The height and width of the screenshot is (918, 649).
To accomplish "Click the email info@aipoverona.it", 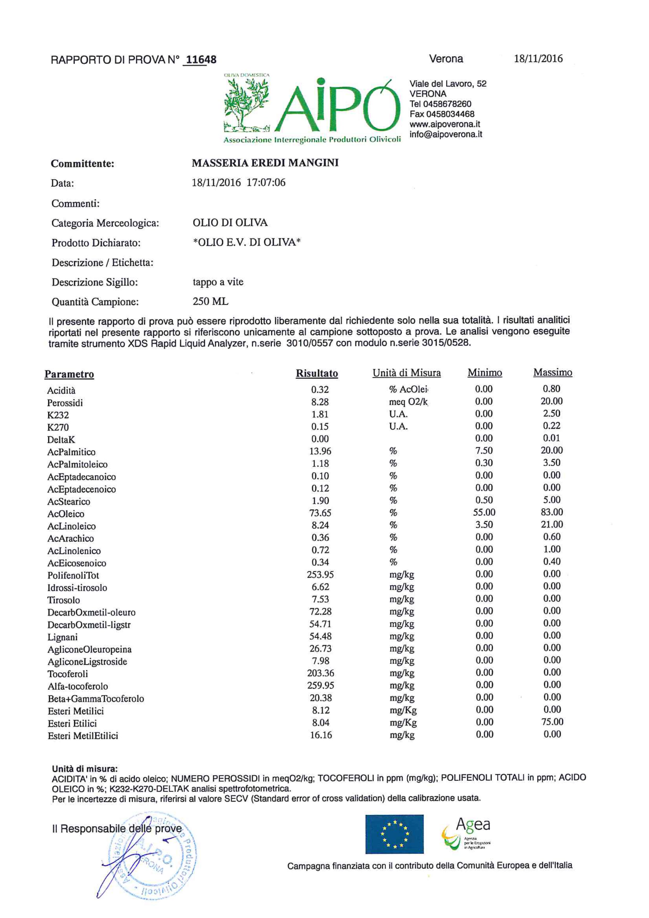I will point(445,134).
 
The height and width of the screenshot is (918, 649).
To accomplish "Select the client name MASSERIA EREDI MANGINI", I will point(265,163).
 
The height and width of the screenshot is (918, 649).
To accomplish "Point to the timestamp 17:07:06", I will point(266,183).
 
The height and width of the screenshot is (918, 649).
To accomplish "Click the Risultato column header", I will point(317,373).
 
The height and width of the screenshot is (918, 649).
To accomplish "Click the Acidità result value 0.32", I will point(320,389).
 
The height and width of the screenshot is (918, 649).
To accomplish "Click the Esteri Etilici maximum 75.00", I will point(552,722).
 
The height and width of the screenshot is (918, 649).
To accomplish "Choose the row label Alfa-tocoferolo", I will point(77,686).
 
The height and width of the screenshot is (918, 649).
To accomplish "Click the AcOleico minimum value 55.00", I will point(484,512).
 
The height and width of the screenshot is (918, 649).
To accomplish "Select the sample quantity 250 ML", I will point(210,301).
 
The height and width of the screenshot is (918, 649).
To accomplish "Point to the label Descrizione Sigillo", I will point(95,282).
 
